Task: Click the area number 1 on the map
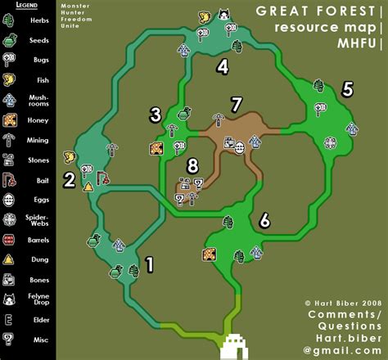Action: (148, 263)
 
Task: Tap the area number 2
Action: (70, 180)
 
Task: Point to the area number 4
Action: (222, 66)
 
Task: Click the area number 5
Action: (347, 90)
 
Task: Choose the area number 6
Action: (264, 219)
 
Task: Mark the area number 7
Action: (236, 104)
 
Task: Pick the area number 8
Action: (192, 165)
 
